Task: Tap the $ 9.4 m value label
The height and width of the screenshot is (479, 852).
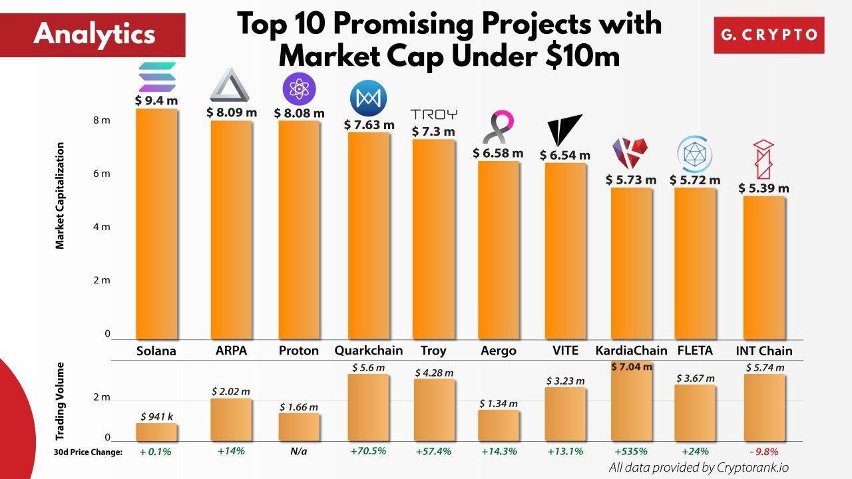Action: [156, 100]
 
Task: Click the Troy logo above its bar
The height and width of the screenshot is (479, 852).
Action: [433, 114]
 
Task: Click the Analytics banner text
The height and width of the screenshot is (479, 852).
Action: [94, 34]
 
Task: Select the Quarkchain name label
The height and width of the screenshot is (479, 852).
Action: [368, 351]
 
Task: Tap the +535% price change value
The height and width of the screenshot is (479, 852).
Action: [631, 452]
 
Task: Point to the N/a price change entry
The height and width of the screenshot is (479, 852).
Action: [299, 452]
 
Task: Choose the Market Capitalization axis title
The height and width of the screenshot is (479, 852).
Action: [60, 196]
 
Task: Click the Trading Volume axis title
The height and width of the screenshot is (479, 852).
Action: [60, 401]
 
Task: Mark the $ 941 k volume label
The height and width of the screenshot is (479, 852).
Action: [156, 416]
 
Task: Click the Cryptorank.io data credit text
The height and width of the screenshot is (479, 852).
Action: [699, 467]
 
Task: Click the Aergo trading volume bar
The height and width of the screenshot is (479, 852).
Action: [499, 425]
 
